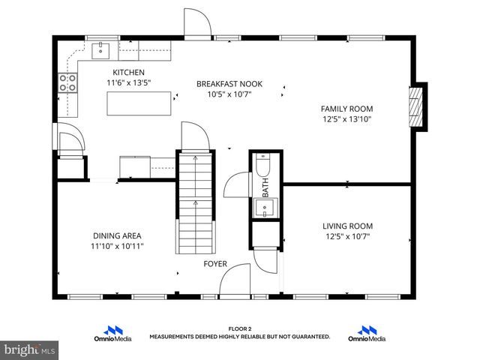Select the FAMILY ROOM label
point(346,108)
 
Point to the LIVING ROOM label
point(347,226)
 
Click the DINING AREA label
point(117,235)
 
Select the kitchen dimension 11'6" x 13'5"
point(128,82)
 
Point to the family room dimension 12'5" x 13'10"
point(347,118)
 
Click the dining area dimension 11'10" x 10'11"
point(117,245)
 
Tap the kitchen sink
point(100,51)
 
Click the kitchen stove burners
point(67,83)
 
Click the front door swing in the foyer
point(236,279)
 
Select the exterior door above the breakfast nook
point(197,23)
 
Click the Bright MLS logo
point(30,349)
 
